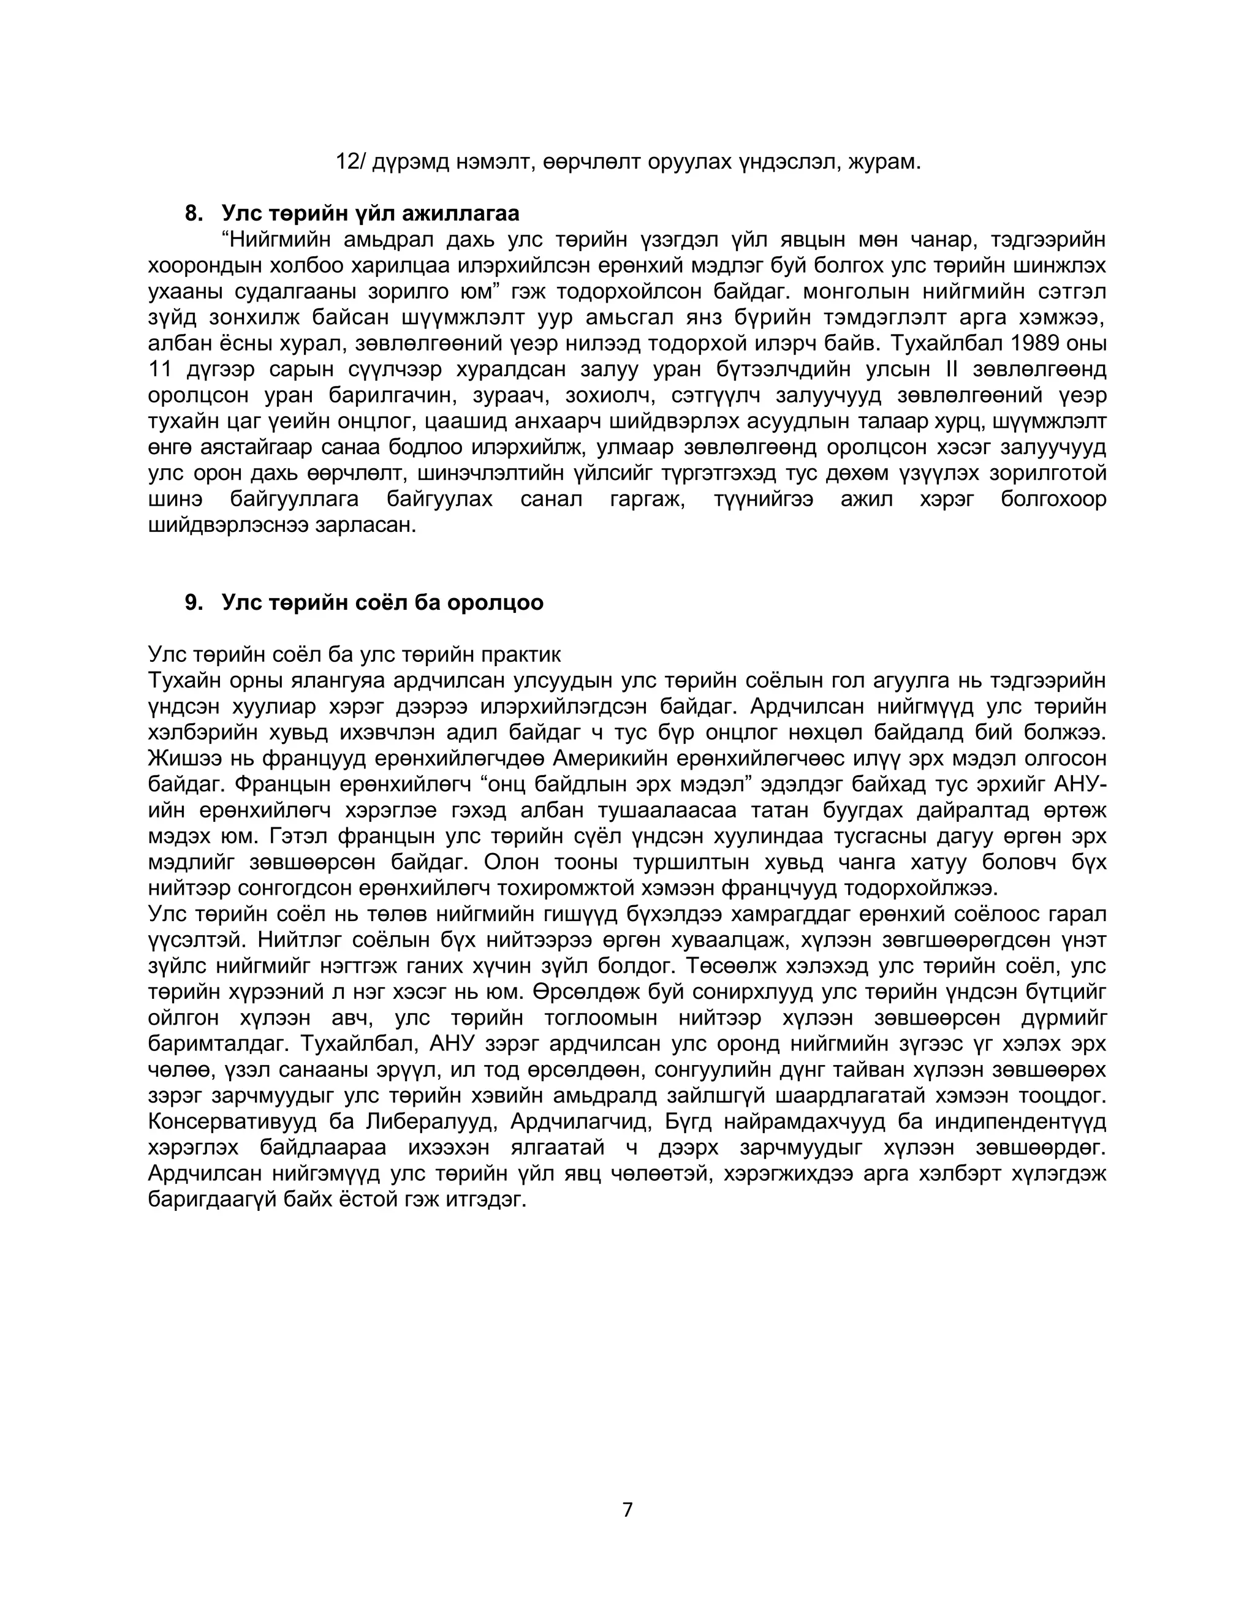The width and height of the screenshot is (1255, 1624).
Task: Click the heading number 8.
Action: tap(193, 213)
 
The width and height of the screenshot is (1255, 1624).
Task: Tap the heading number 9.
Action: tap(193, 602)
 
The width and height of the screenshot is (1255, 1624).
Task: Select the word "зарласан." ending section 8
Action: tap(366, 525)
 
